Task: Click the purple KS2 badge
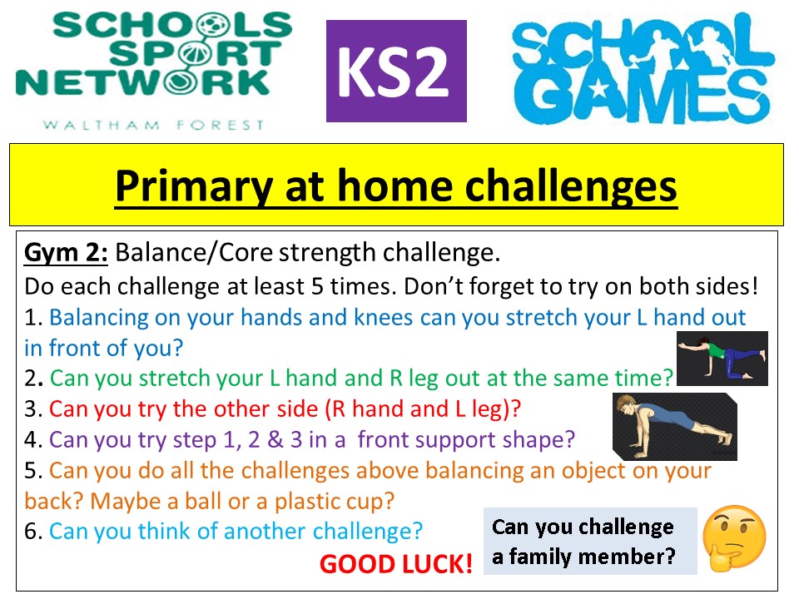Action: click(x=396, y=71)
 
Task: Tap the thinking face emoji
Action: click(x=734, y=538)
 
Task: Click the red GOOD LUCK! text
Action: click(x=396, y=564)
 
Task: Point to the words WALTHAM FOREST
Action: click(x=154, y=126)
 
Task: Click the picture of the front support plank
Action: click(x=675, y=426)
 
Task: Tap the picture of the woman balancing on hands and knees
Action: click(x=722, y=358)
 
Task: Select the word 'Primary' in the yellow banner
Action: click(x=194, y=186)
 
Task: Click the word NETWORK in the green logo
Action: click(x=142, y=83)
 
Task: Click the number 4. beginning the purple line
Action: click(x=33, y=439)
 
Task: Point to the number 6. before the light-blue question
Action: click(x=33, y=532)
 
